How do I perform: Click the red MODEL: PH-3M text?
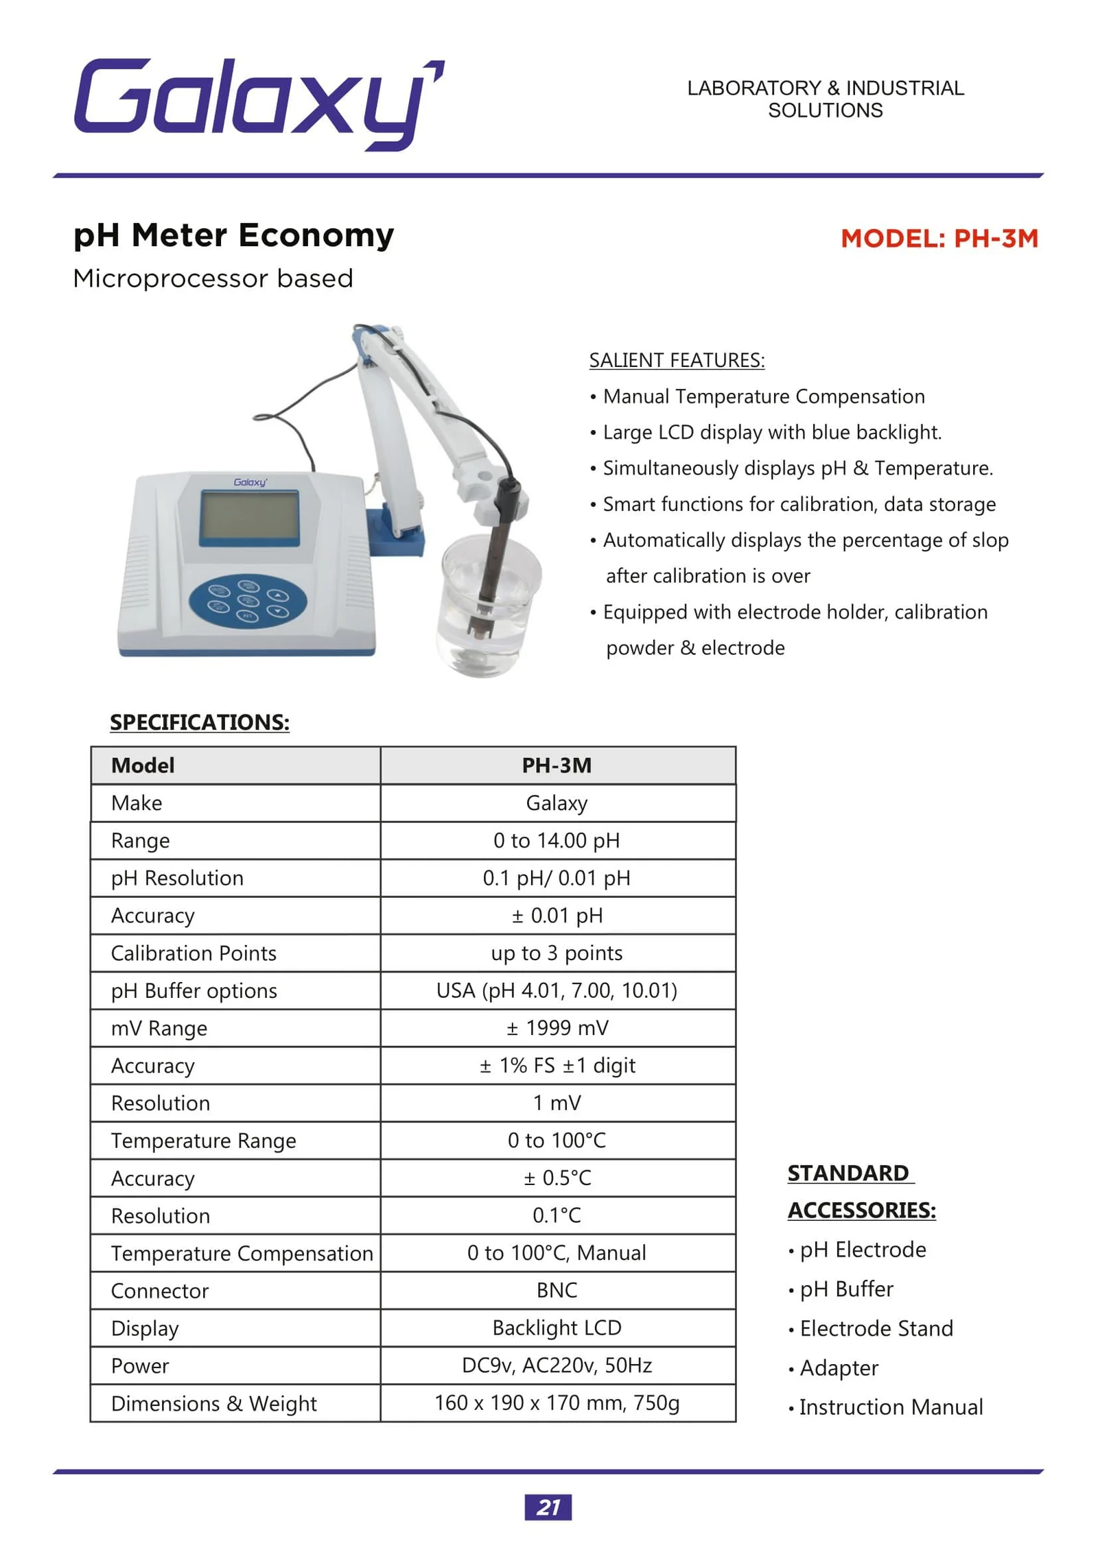coord(938,238)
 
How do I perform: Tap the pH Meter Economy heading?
coord(233,235)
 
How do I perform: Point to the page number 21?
coord(548,1507)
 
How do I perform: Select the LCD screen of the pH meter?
coord(249,517)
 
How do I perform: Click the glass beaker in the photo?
coord(489,604)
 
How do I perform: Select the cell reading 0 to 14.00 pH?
coord(557,840)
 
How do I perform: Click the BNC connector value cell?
coord(557,1290)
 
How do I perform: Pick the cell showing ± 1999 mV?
coord(557,1027)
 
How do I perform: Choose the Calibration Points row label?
coord(194,953)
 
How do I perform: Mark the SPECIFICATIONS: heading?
coord(200,722)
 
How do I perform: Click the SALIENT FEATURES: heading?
coord(677,360)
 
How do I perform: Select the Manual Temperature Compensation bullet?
coord(763,396)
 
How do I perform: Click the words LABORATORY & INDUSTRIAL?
coord(825,88)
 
